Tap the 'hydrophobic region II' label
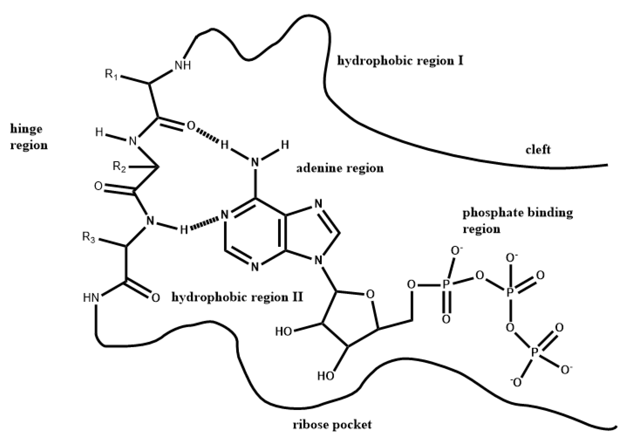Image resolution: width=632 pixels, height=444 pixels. [x=237, y=297]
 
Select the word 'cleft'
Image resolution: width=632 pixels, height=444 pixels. [x=538, y=150]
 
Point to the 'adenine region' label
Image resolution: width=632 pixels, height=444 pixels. [x=340, y=168]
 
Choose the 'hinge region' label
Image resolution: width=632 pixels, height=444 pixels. [x=29, y=137]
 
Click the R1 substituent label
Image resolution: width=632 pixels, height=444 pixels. [x=111, y=74]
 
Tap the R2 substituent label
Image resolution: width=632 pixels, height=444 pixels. [x=119, y=167]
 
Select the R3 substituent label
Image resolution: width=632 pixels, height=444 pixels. [x=89, y=237]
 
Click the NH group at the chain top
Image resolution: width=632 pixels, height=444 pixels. [x=183, y=66]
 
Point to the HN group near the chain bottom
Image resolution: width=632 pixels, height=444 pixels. [x=91, y=298]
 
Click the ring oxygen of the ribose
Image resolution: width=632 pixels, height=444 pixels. [x=370, y=294]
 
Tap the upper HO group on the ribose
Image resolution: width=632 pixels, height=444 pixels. [x=284, y=332]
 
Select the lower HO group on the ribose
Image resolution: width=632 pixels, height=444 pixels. [x=326, y=376]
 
